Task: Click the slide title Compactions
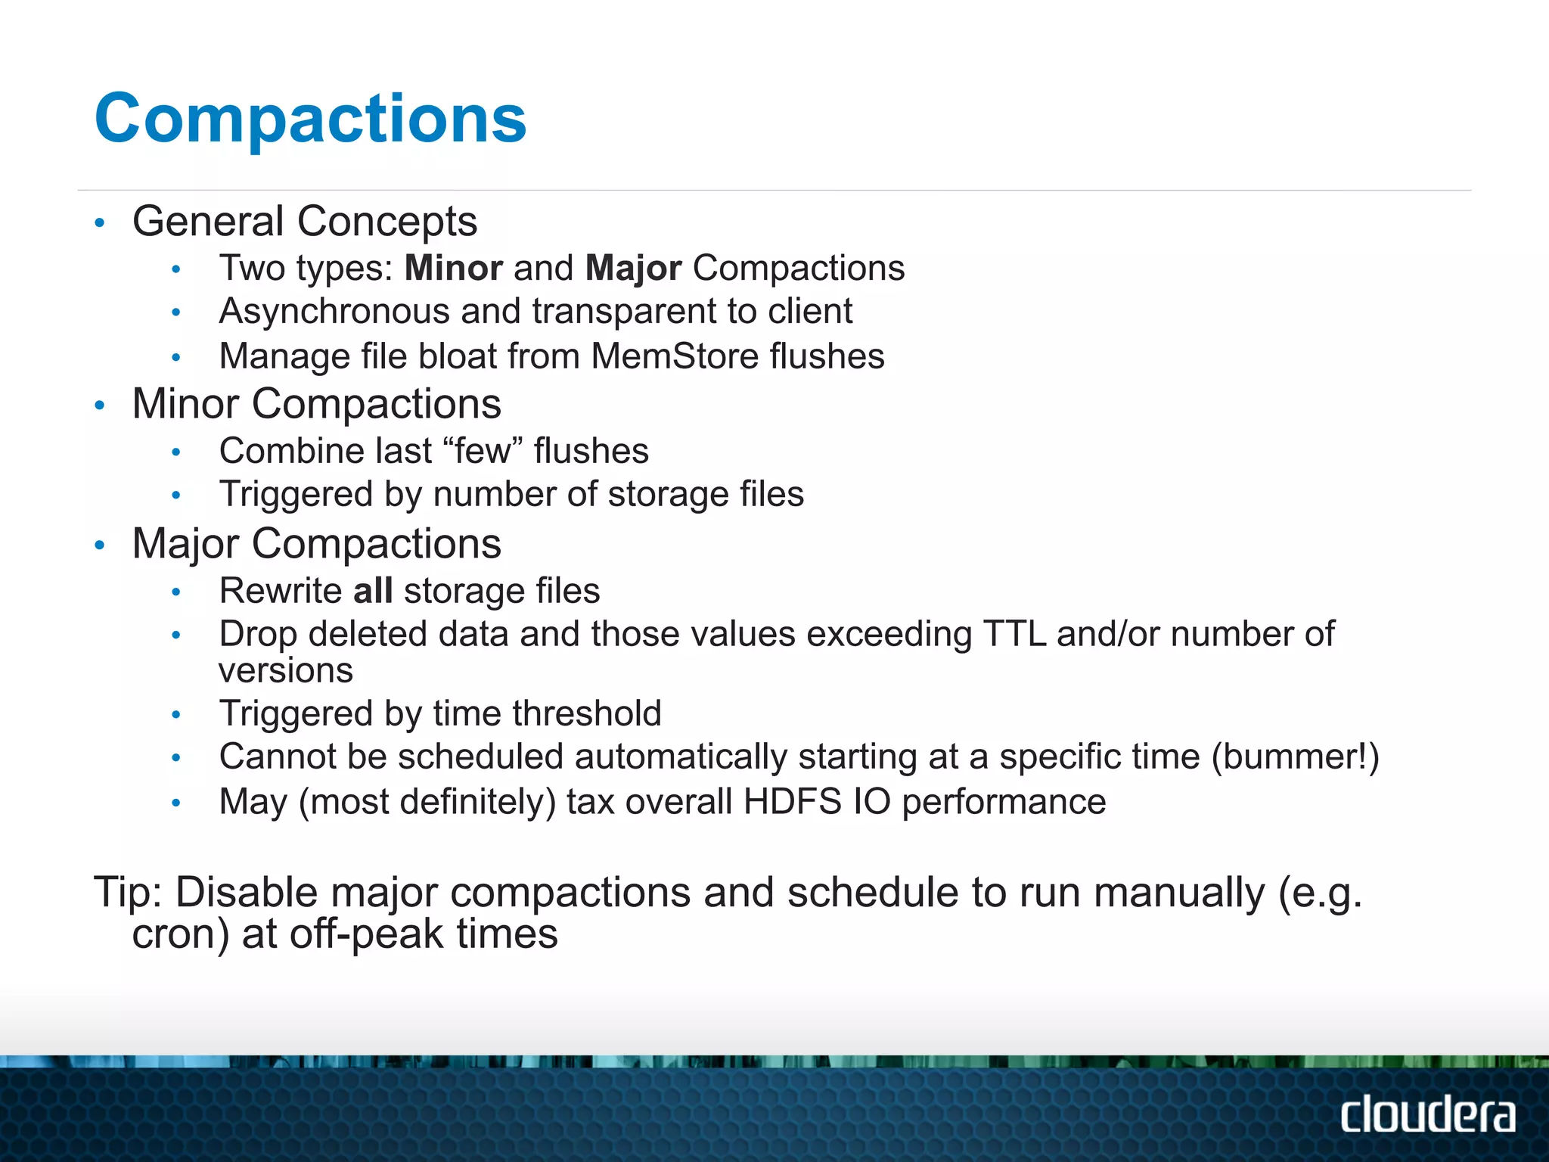310,118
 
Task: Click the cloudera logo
1427,1114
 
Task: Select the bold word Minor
454,268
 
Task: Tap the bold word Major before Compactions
633,268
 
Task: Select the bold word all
373,591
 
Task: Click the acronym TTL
1014,634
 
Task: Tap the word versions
286,671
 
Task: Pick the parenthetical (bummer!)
1295,757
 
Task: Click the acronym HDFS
792,802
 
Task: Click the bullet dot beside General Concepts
99,222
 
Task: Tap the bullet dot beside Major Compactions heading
99,545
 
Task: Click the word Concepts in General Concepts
386,222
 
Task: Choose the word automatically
681,757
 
